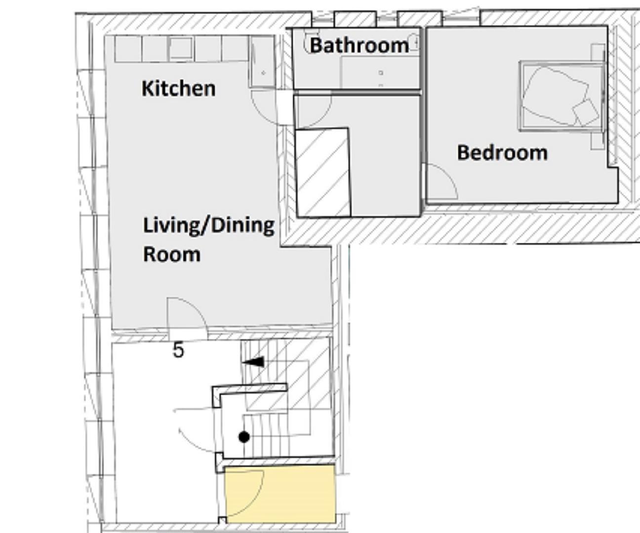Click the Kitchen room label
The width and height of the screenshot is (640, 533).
point(178,89)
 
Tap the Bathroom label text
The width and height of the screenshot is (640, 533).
point(359,45)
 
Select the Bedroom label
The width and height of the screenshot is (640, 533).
point(502,152)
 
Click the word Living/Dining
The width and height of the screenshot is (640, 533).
point(208,226)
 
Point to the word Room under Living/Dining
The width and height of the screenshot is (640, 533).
point(172,255)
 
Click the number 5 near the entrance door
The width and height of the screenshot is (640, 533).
point(178,350)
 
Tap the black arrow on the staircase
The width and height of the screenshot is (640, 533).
point(254,362)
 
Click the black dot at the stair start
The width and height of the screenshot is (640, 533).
point(244,437)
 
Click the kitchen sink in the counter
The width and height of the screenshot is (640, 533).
point(180,48)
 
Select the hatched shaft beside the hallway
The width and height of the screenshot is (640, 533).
point(323,173)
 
